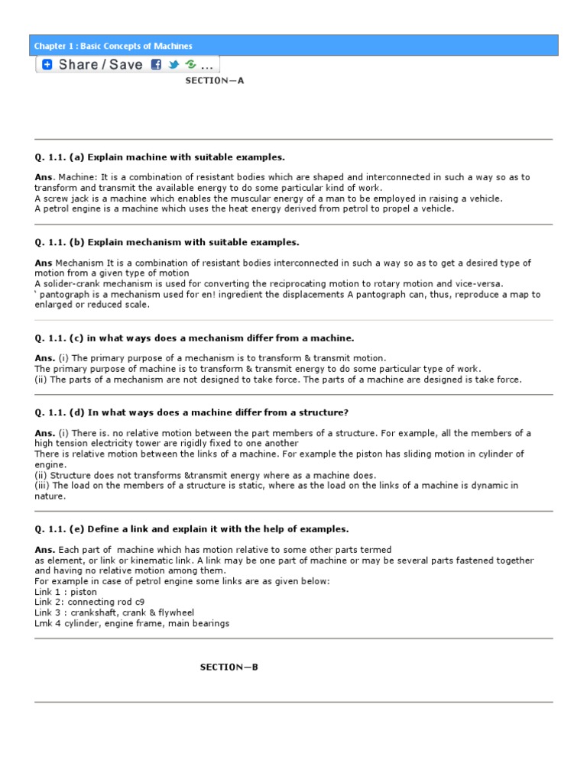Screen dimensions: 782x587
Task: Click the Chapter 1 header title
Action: coord(113,46)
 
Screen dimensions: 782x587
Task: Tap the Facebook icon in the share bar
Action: coord(157,65)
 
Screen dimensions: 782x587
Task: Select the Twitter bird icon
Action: coord(174,65)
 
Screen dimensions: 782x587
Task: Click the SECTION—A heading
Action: coord(214,79)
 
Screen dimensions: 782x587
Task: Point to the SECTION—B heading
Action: coord(229,667)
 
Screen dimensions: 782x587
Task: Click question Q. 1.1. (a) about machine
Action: coord(160,157)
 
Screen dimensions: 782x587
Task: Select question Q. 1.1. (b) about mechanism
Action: coord(167,242)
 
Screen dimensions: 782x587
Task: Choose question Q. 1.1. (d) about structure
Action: coord(191,412)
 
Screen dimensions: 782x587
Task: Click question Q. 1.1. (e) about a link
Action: coord(191,528)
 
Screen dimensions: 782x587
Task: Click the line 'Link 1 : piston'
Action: coord(66,591)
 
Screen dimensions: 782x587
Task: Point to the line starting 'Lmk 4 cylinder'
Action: coord(131,623)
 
